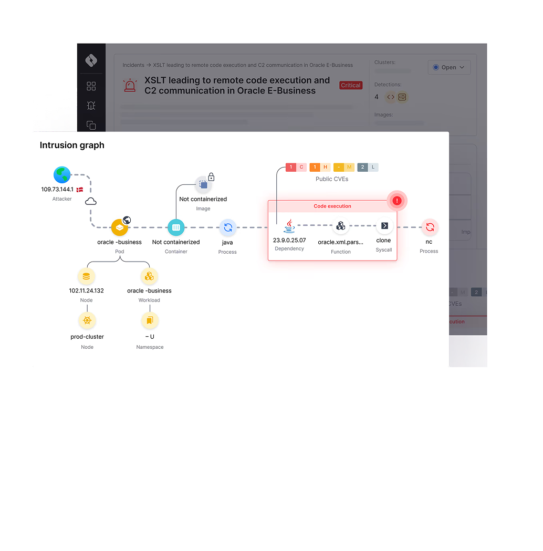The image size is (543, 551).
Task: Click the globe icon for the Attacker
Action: click(x=62, y=175)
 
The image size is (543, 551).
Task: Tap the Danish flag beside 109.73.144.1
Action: click(x=80, y=189)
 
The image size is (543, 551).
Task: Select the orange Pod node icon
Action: click(x=120, y=227)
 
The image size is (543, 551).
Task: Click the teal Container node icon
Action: click(x=176, y=227)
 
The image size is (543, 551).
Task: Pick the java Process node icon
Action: click(x=228, y=227)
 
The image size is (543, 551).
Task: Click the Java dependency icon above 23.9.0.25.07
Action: click(x=289, y=226)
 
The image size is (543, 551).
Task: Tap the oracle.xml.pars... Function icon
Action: click(x=341, y=226)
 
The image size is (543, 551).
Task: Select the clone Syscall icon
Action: click(x=384, y=225)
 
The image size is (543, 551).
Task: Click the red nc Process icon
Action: click(x=430, y=227)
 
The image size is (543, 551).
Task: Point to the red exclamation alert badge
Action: click(x=397, y=201)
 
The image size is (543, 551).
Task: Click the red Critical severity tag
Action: click(x=351, y=85)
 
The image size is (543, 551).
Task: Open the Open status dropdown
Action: click(x=449, y=67)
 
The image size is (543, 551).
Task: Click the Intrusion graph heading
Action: click(x=72, y=145)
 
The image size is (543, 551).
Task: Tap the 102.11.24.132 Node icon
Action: click(x=87, y=276)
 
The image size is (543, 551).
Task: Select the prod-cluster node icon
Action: click(x=87, y=320)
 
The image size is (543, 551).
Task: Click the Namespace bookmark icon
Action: click(x=150, y=320)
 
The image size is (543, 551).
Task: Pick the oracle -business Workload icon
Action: click(x=150, y=276)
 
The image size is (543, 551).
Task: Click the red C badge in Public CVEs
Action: click(x=301, y=168)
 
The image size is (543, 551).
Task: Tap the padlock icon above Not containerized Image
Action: click(x=211, y=176)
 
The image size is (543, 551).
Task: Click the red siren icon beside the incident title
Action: click(x=130, y=86)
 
